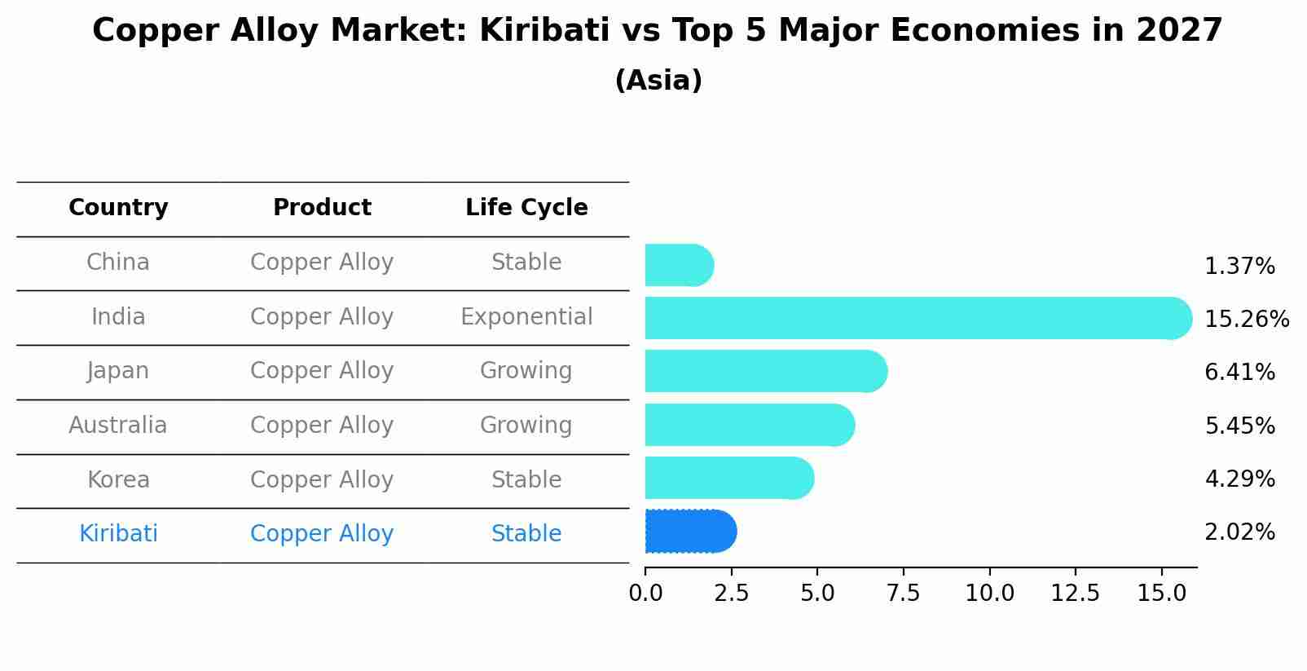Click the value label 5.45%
click(1239, 426)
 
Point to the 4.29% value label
click(1239, 479)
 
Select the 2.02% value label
click(1239, 532)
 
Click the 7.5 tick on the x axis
click(903, 594)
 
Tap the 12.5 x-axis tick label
click(1075, 594)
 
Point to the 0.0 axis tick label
click(645, 594)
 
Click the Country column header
click(118, 208)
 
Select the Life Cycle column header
click(526, 208)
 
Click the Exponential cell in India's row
click(526, 316)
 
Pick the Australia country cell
click(118, 425)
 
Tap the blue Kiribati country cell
click(118, 534)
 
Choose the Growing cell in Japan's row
click(526, 371)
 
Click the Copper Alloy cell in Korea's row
click(322, 479)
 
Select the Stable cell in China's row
click(526, 263)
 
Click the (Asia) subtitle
click(658, 81)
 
